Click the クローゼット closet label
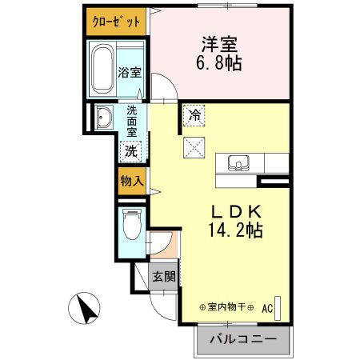coord(117,21)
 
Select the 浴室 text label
coord(130,73)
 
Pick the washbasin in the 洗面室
coord(103,118)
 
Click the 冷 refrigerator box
coord(194,115)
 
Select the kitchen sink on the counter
coord(237,163)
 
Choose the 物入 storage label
coord(131,182)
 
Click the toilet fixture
coord(132,223)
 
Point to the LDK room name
coord(236,211)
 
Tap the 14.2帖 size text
coord(236,230)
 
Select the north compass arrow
coord(86,307)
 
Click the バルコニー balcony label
coord(242,339)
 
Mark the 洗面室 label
coord(131,123)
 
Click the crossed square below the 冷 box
coord(194,146)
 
